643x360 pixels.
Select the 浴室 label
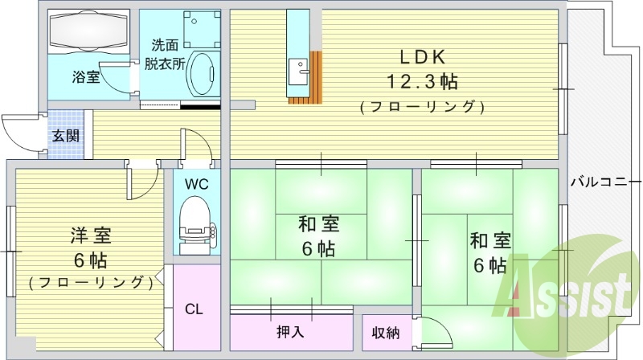click(85, 78)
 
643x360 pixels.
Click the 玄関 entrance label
click(66, 136)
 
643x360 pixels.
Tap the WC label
click(196, 183)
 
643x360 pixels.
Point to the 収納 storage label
click(385, 333)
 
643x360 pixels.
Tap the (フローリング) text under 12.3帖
click(422, 106)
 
